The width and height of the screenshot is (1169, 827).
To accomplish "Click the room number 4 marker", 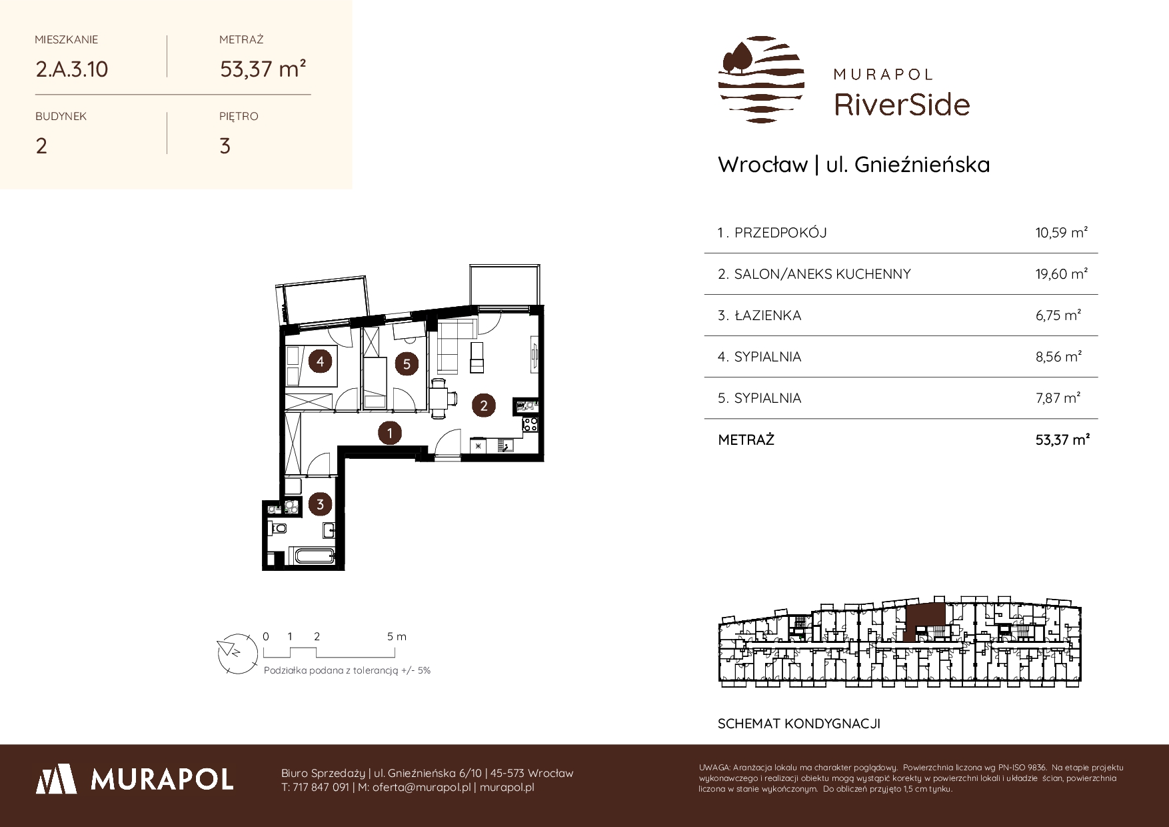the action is pyautogui.click(x=321, y=361).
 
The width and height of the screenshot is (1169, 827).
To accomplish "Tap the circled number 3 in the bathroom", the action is pyautogui.click(x=320, y=504).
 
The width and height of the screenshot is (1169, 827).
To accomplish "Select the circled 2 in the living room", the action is pyautogui.click(x=484, y=405).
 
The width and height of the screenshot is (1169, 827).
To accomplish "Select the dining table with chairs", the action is pyautogui.click(x=440, y=398).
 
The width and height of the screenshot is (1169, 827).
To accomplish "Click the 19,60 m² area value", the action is pyautogui.click(x=1062, y=274).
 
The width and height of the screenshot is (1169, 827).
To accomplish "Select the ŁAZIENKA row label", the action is pyautogui.click(x=767, y=315).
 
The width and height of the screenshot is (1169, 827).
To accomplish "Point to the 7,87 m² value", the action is pyautogui.click(x=1058, y=398).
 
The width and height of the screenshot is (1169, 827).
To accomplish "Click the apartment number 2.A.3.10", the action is pyautogui.click(x=72, y=69).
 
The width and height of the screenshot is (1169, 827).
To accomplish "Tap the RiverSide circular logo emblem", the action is pyautogui.click(x=761, y=79).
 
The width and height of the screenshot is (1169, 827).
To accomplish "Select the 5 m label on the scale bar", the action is pyautogui.click(x=397, y=636).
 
